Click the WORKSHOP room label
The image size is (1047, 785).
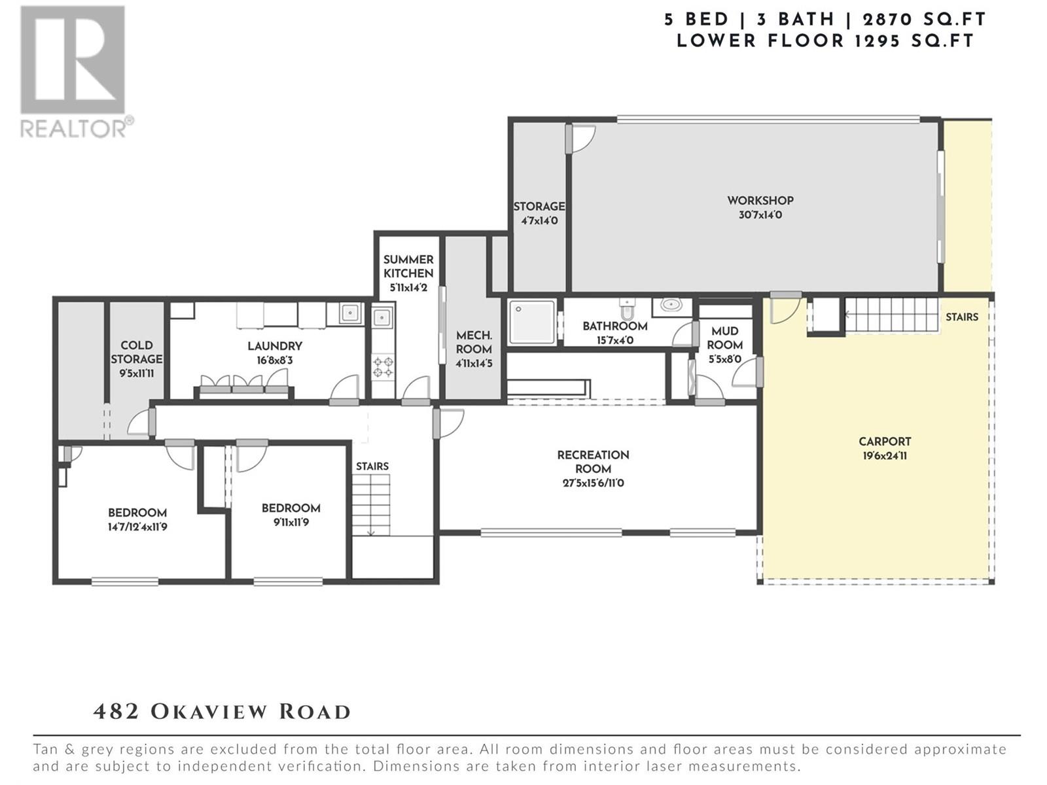(760, 201)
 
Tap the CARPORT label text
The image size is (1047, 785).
(885, 442)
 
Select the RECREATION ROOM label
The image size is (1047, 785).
(593, 462)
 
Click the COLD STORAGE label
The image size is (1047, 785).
(136, 352)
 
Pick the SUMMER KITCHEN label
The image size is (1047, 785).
(408, 266)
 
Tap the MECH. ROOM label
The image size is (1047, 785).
(474, 342)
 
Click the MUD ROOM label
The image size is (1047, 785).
(724, 338)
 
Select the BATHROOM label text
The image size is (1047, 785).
(615, 326)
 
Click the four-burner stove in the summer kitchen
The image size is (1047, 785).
(383, 367)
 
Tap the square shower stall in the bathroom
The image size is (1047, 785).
(532, 322)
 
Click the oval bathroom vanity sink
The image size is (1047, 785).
(671, 304)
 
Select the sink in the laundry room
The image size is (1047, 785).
(351, 313)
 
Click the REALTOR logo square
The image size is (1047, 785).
(73, 60)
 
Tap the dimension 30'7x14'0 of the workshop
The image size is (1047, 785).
(760, 215)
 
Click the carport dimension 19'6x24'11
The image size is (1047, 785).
(885, 456)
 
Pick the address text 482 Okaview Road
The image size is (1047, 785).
(222, 712)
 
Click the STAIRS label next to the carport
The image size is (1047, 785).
(962, 317)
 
